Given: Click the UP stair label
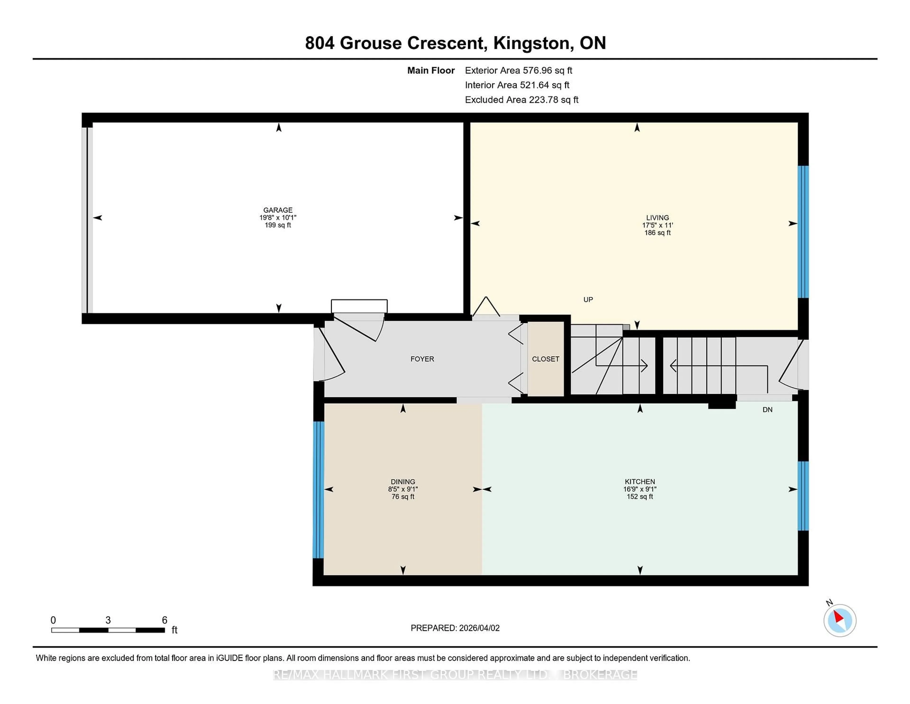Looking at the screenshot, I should (588, 299).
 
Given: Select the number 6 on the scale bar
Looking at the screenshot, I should (165, 620).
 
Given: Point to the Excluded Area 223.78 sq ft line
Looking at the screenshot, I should (521, 100).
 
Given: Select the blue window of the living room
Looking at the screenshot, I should (803, 232).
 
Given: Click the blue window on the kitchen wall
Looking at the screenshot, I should (803, 496).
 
